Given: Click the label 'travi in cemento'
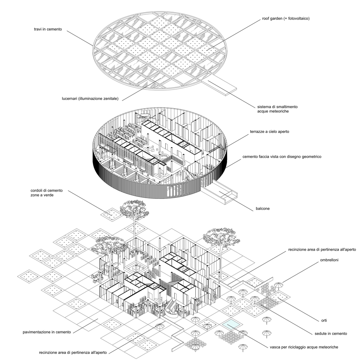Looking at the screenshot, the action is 48,29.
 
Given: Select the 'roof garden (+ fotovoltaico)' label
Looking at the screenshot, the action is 286,18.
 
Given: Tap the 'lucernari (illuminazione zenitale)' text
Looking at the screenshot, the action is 90,99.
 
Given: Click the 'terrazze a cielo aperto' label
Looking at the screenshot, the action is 270,131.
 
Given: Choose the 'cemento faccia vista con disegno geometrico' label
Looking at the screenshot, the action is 282,157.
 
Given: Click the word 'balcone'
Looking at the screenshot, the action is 262,209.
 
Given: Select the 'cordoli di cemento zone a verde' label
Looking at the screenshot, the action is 46,193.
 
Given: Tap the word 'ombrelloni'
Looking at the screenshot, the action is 329,260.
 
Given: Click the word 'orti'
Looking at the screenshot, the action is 324,320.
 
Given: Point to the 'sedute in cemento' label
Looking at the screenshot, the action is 331,334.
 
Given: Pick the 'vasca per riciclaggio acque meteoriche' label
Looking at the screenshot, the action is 304,347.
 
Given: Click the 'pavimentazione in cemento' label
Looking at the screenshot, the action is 47,332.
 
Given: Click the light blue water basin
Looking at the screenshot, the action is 232,324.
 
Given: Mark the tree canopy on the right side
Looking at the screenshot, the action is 221,237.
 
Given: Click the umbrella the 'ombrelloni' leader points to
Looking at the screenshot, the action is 278,285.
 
